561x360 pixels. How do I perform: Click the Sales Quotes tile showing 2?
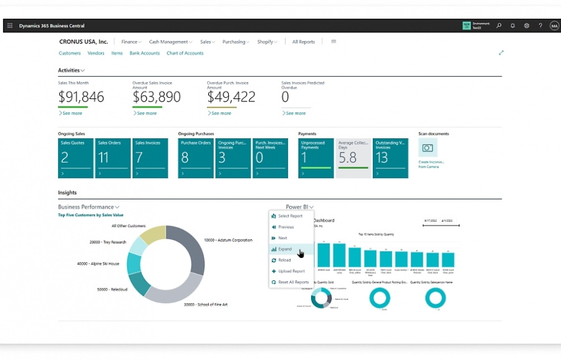tap(75, 158)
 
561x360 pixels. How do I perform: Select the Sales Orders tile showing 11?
tap(113, 158)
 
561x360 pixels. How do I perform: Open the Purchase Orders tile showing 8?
tap(195, 158)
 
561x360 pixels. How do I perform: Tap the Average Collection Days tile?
tap(353, 158)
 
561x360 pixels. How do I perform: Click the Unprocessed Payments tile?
tap(315, 158)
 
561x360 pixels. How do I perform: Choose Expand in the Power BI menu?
tap(285, 249)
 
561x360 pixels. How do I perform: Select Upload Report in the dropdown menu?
tap(291, 271)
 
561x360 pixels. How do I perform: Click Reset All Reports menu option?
tap(293, 282)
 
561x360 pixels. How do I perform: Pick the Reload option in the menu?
tap(284, 260)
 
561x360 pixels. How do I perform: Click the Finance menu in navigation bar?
tap(131, 42)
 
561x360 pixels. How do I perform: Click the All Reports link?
tap(304, 42)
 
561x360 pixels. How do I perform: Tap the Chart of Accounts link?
tap(185, 54)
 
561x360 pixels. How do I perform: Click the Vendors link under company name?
tap(96, 54)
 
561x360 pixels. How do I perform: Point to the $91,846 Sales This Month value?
tap(81, 97)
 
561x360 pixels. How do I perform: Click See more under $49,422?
tap(221, 113)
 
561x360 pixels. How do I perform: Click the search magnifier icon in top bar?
tap(499, 26)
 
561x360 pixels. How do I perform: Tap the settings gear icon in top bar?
tap(527, 26)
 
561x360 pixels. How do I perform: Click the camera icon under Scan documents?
tap(428, 148)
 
